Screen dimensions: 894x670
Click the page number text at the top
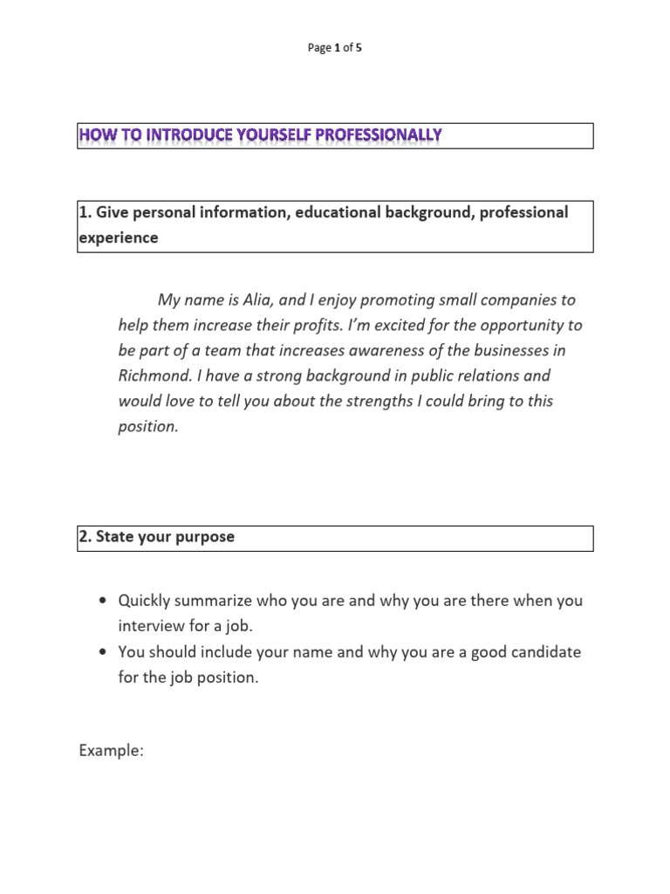pos(335,48)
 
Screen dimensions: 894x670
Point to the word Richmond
pos(149,376)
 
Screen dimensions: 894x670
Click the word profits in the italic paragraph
pos(333,325)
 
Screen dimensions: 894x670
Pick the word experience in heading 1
pos(119,237)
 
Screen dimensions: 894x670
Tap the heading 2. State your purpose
pos(157,537)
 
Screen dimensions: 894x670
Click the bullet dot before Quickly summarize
pos(104,602)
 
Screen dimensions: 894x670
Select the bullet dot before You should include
pos(104,652)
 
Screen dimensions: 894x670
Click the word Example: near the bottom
pos(111,751)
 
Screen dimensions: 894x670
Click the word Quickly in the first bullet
pos(145,601)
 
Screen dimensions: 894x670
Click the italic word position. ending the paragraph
pos(148,428)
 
